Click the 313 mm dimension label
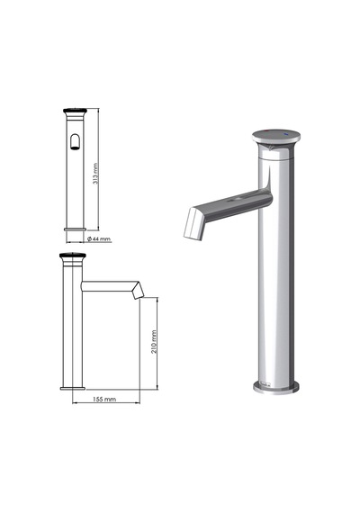tap(95, 174)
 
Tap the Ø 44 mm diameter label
tap(99, 238)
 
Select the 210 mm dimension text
tap(154, 342)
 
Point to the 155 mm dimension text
tap(104, 399)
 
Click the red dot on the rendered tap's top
tap(266, 131)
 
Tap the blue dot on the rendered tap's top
tap(287, 134)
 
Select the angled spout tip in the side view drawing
tap(139, 291)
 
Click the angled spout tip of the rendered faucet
tap(193, 223)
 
